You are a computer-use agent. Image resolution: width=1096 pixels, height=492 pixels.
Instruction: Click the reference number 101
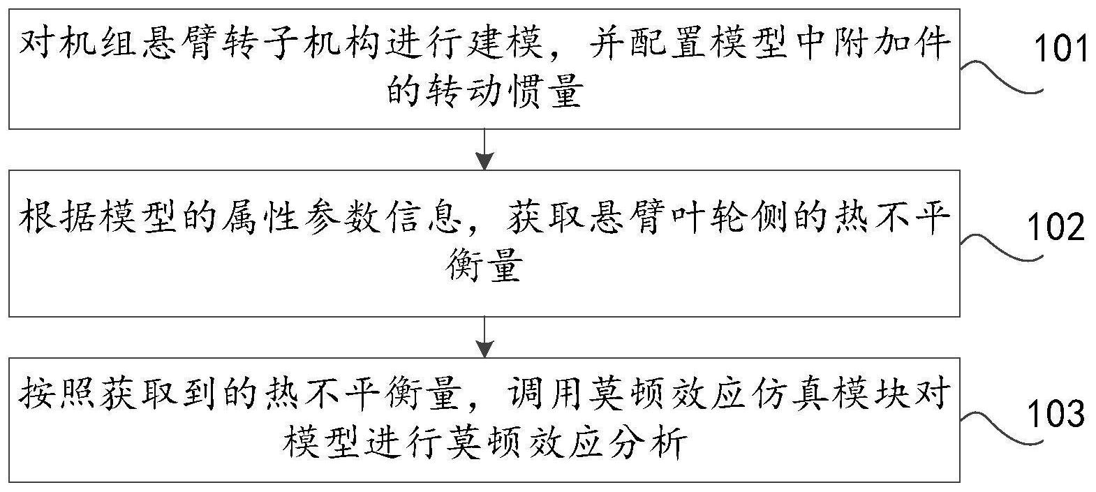pos(1060,50)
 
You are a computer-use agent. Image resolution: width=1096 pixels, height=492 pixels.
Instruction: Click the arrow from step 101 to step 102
pos(484,149)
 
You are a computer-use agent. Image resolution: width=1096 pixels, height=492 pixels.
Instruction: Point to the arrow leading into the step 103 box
pos(484,338)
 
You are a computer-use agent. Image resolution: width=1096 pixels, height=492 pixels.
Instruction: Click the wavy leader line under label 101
pos(1002,77)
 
